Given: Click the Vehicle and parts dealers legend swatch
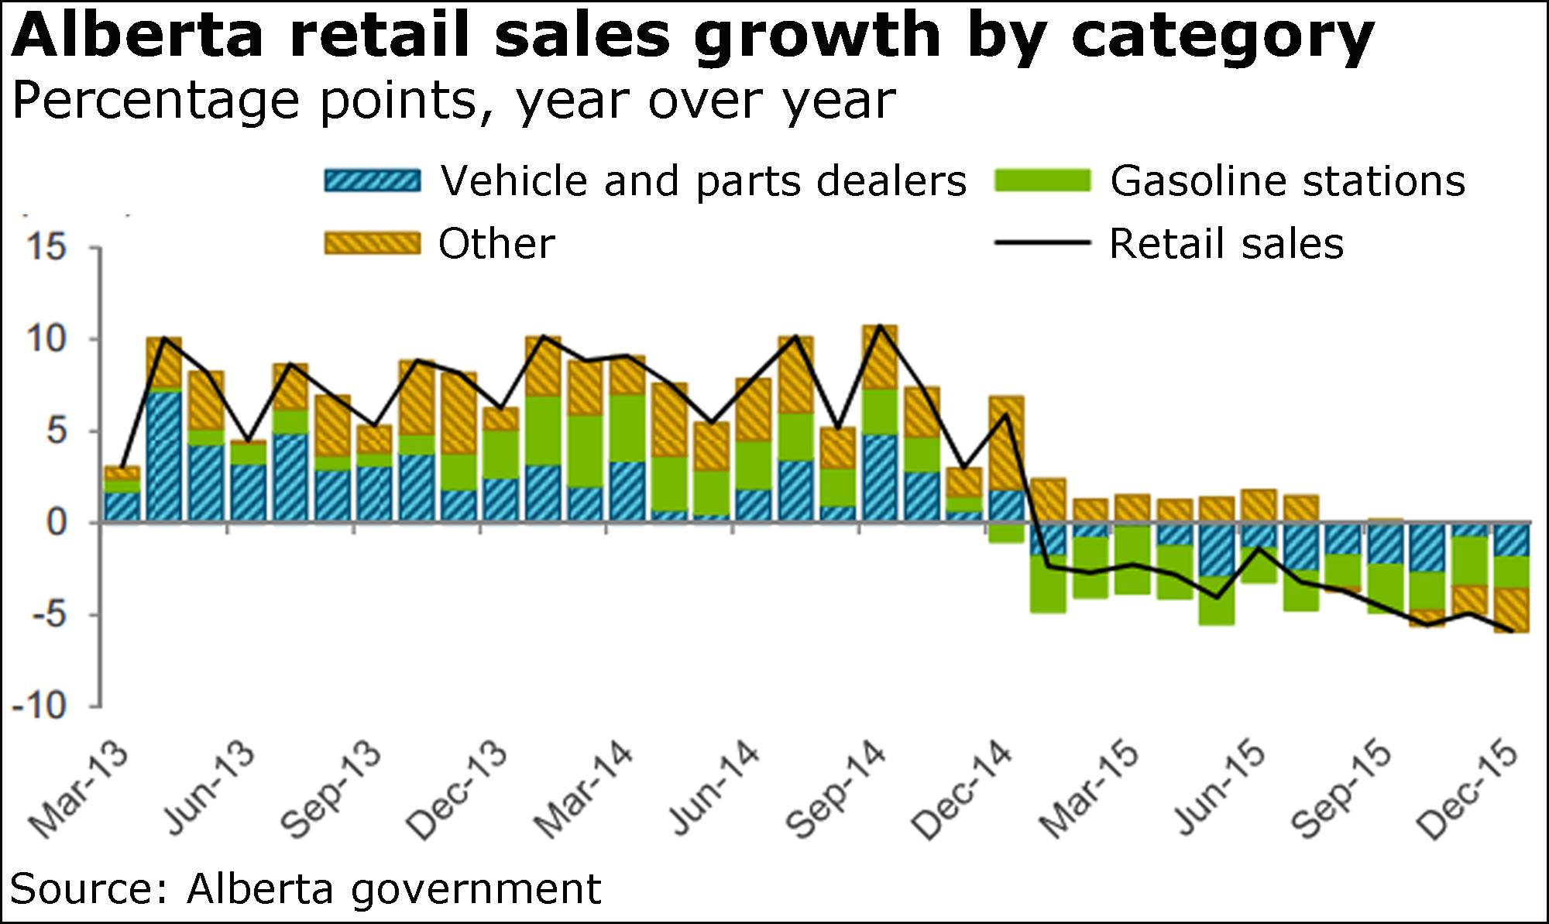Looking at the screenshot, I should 373,180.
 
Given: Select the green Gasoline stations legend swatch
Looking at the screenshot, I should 1042,180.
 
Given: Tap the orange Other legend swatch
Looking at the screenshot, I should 373,243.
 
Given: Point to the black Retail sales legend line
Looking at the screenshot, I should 1042,243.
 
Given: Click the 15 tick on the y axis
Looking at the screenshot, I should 46,248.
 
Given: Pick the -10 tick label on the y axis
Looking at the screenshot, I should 39,706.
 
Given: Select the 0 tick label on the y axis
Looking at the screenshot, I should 56,523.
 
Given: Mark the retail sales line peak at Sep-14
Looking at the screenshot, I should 880,326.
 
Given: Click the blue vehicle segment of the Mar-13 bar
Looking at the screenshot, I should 122,507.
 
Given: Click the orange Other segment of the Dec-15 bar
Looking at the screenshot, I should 1511,610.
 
